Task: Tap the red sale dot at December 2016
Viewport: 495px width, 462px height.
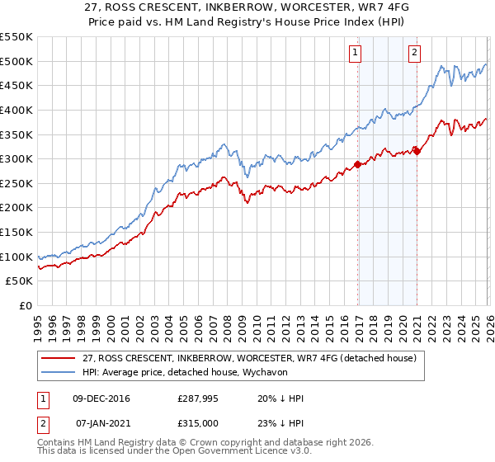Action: (x=357, y=164)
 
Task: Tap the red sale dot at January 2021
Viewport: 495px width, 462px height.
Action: (x=417, y=150)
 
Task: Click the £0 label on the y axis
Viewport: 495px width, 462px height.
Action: (x=26, y=305)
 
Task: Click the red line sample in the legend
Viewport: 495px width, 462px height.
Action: (x=58, y=357)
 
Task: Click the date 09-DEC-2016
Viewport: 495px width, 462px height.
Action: (x=101, y=398)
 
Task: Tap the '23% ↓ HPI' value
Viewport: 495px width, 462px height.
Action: (x=280, y=422)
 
